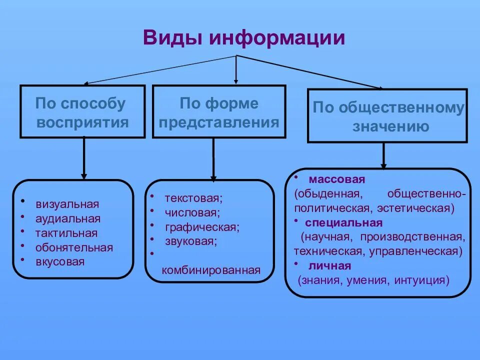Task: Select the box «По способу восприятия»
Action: coord(82,111)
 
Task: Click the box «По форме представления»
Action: coord(219,111)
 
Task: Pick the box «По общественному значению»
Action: coord(387,116)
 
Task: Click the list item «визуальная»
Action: coord(67,204)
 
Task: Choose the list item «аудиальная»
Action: coord(68,218)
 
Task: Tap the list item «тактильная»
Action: coord(66,233)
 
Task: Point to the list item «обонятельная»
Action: coord(74,247)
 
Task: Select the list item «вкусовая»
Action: coord(60,261)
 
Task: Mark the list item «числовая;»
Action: coord(192,212)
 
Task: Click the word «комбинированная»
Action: coord(211,270)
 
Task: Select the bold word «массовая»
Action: coord(337,179)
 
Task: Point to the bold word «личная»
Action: coord(329,265)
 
